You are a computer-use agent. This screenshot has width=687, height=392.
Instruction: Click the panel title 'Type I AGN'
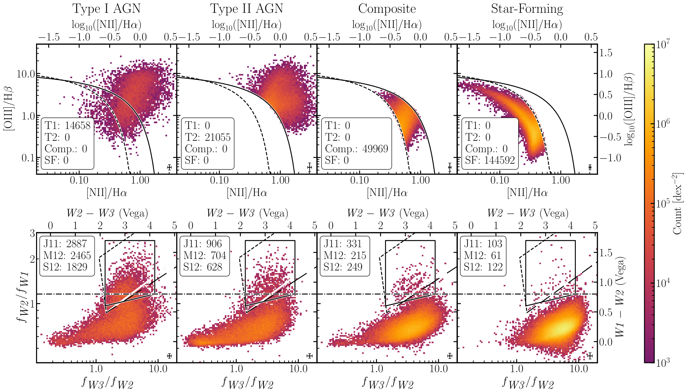pyautogui.click(x=106, y=9)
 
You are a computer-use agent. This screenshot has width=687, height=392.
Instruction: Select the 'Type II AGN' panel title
pyautogui.click(x=247, y=9)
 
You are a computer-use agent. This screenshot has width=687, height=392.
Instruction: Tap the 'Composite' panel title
pyautogui.click(x=387, y=9)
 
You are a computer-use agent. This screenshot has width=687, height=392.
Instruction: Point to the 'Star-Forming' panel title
pyautogui.click(x=527, y=9)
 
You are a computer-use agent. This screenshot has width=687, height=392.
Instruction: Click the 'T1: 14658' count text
pyautogui.click(x=68, y=126)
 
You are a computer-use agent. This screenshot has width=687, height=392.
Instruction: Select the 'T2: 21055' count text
pyautogui.click(x=208, y=137)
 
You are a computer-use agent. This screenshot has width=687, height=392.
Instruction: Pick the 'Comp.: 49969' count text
pyautogui.click(x=356, y=149)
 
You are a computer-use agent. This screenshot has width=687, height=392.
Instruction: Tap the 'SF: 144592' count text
pyautogui.click(x=490, y=160)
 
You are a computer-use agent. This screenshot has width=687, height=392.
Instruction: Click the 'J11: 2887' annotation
pyautogui.click(x=65, y=243)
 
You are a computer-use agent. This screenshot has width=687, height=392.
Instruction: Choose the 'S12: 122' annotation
pyautogui.click(x=483, y=267)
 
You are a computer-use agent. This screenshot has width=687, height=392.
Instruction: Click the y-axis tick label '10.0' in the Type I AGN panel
pyautogui.click(x=26, y=74)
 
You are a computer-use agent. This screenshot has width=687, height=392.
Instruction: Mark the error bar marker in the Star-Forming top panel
pyautogui.click(x=590, y=167)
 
